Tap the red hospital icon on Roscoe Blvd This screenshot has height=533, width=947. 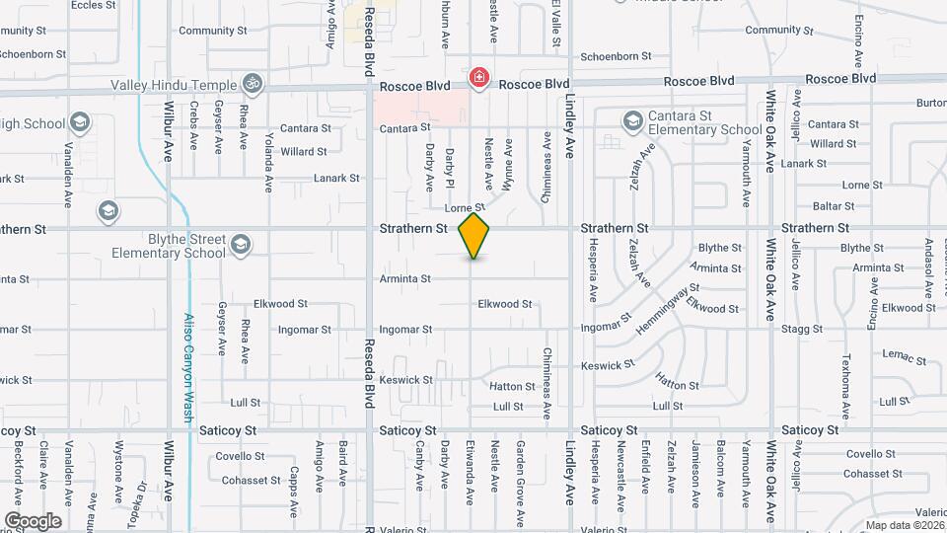coord(480,77)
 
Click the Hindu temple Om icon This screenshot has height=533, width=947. coord(253,85)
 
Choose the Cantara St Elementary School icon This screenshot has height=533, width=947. coord(632,120)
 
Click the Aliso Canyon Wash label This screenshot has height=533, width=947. coord(187,367)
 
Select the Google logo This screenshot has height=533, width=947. coord(33,520)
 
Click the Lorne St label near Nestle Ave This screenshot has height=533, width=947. coord(465,208)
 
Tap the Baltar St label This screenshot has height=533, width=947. coord(834,206)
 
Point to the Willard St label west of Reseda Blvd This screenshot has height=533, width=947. coord(303,152)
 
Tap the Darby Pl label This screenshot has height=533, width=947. coord(450,168)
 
